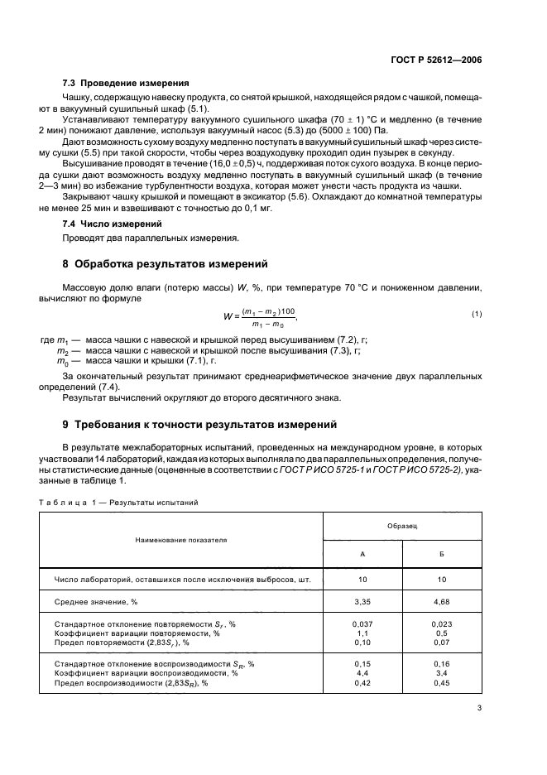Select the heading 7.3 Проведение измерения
126,83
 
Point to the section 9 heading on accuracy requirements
199,425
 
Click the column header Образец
402,527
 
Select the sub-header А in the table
362,554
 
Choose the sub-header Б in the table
442,554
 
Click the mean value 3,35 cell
362,602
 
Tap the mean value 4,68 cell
442,602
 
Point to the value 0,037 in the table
362,623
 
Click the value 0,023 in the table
442,623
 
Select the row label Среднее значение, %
94,602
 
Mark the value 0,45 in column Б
442,683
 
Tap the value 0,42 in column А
362,683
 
